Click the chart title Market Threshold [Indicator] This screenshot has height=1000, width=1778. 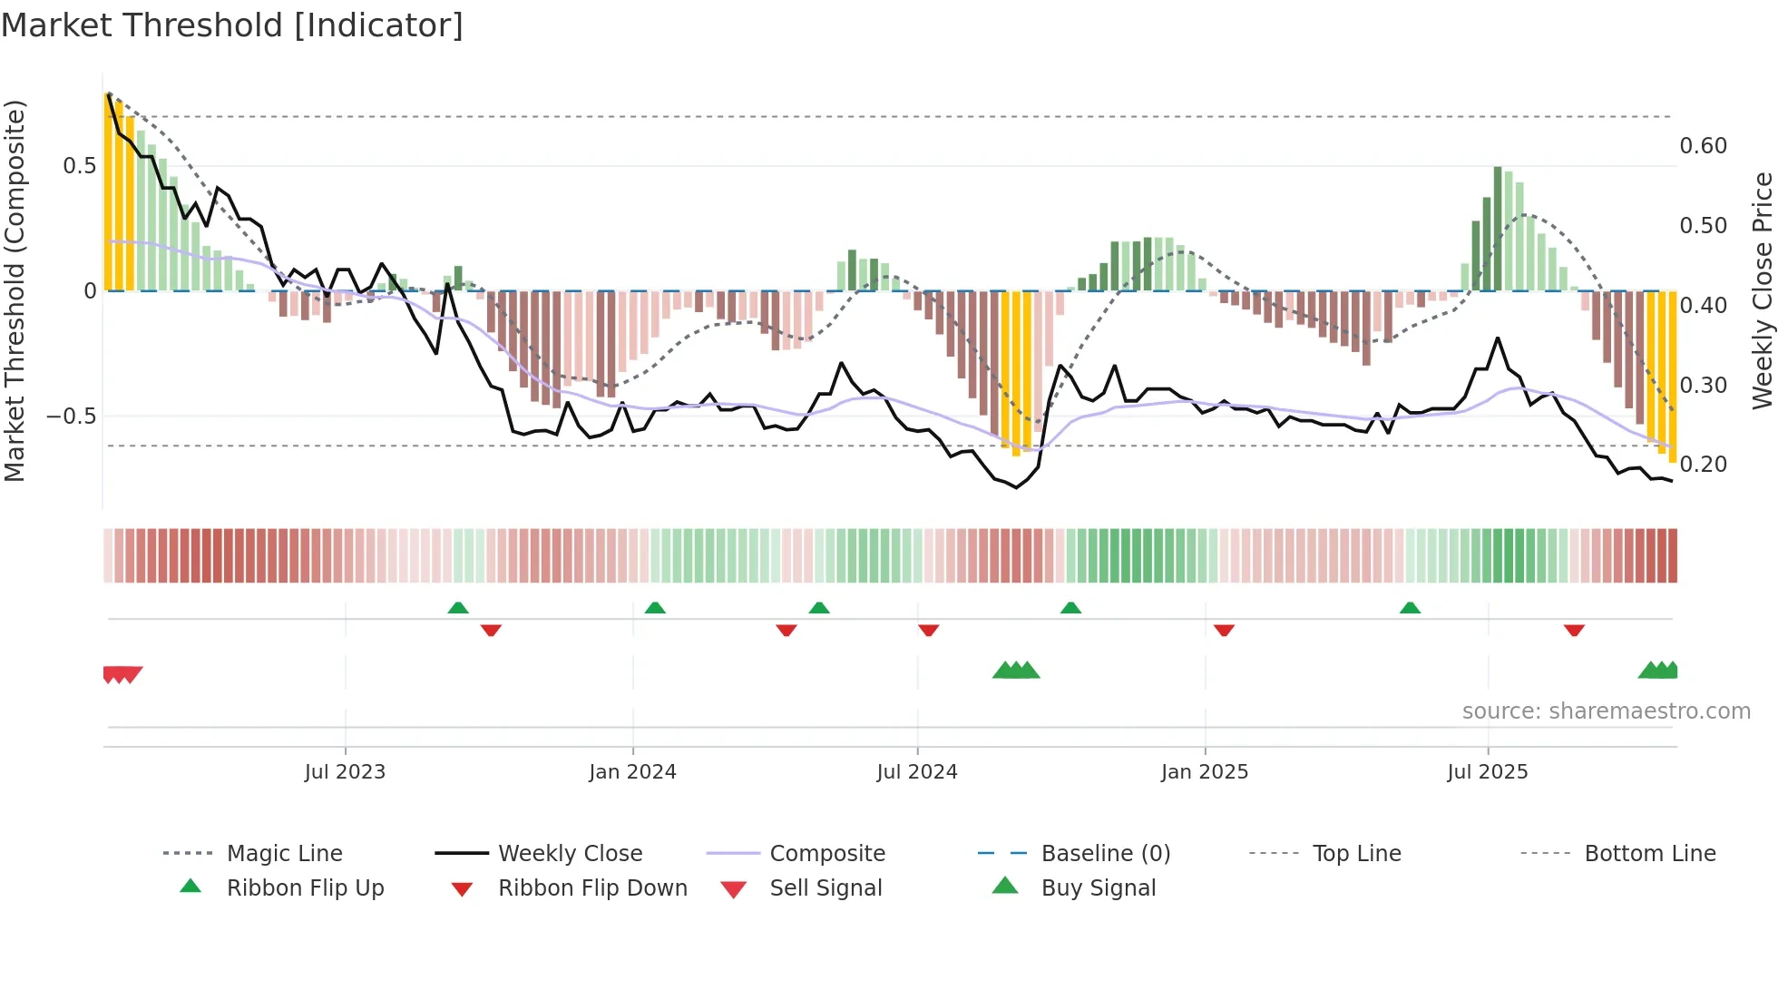point(232,25)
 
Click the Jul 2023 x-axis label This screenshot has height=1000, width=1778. point(345,772)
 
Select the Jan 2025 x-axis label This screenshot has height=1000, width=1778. point(1205,772)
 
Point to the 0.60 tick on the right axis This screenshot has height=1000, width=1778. point(1703,146)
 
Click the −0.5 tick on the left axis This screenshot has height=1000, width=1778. point(71,417)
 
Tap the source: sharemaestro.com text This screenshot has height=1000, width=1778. point(1606,711)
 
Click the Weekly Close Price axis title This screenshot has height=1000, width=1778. point(1762,290)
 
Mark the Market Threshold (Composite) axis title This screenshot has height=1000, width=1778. point(15,290)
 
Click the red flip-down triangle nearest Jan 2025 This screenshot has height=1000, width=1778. point(1224,630)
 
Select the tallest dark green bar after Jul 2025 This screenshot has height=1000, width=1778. point(1498,229)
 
